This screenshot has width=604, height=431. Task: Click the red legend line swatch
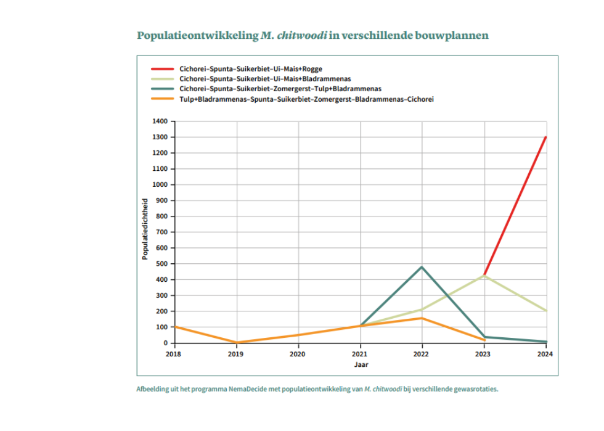pyautogui.click(x=162, y=69)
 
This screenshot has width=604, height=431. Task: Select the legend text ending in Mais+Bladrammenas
pyautogui.click(x=265, y=79)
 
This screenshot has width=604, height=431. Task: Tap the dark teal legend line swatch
pyautogui.click(x=162, y=89)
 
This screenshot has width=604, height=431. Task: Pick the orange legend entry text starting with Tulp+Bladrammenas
pyautogui.click(x=307, y=99)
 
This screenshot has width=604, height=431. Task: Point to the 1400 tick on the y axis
pyautogui.click(x=160, y=121)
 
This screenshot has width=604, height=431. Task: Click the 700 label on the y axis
pyautogui.click(x=161, y=232)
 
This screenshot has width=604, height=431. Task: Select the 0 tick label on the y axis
pyautogui.click(x=166, y=343)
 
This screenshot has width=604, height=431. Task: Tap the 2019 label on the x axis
pyautogui.click(x=235, y=355)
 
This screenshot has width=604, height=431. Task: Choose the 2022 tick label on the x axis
pyautogui.click(x=421, y=355)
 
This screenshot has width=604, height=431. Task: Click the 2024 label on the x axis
pyautogui.click(x=545, y=355)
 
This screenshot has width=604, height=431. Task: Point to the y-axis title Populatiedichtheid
pyautogui.click(x=145, y=229)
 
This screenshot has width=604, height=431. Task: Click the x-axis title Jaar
pyautogui.click(x=361, y=364)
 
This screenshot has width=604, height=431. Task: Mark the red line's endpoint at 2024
pyautogui.click(x=546, y=138)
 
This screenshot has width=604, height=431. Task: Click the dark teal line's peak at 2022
pyautogui.click(x=422, y=267)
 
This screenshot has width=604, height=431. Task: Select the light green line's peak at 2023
pyautogui.click(x=484, y=276)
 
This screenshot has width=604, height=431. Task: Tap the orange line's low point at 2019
pyautogui.click(x=237, y=342)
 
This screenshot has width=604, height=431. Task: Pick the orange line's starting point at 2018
pyautogui.click(x=175, y=327)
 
